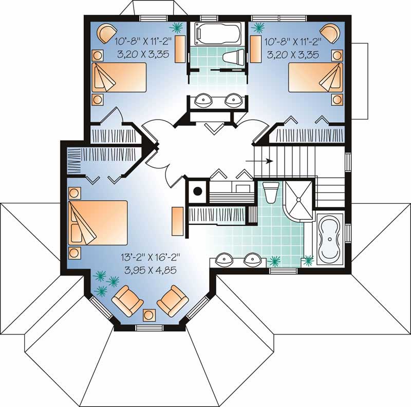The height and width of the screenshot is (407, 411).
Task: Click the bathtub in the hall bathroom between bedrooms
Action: pyautogui.click(x=216, y=33)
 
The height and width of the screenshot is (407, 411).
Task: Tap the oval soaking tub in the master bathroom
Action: pyautogui.click(x=330, y=240)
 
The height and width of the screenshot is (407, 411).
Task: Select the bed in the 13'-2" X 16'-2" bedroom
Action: pyautogui.click(x=98, y=223)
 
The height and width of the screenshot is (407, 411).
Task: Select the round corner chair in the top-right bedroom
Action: pyautogui.click(x=329, y=32)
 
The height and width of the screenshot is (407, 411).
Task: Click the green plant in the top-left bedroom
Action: pyautogui.click(x=177, y=26)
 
